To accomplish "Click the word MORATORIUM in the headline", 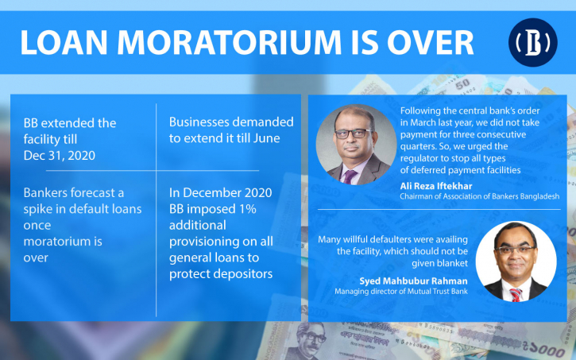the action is tap(230, 43).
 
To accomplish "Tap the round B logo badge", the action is tap(532, 42).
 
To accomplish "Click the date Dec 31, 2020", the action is tap(59, 156).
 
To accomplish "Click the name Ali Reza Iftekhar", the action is tap(436, 186).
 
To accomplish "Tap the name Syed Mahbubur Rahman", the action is tap(413, 281).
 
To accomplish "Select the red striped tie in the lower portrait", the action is tap(516, 295).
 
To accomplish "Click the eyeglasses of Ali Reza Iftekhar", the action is tap(353, 134).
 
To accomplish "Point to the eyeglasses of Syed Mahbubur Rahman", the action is tap(516, 250).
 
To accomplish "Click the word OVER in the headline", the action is tap(430, 43).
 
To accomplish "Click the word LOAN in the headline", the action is tap(64, 43).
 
